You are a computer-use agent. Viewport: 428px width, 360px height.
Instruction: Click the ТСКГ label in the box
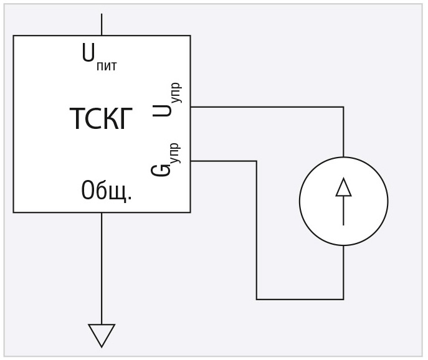pos(101,119)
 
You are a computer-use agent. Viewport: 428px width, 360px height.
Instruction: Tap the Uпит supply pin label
pos(98,57)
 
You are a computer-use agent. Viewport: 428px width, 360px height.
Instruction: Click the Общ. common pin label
pos(107,191)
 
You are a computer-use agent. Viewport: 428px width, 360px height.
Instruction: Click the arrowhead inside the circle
pos(343,187)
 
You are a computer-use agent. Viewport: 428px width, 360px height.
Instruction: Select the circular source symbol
pos(343,201)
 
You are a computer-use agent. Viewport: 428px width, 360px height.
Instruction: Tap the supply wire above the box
pos(102,24)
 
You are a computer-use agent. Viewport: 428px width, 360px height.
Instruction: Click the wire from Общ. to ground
pos(102,268)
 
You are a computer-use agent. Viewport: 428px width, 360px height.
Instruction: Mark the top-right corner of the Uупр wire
pos(343,107)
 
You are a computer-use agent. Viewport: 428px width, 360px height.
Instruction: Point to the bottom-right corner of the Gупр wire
pos(343,299)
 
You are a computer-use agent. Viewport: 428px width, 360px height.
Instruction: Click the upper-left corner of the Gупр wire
pos(257,161)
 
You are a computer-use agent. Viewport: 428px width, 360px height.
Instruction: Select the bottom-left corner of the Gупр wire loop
pos(257,299)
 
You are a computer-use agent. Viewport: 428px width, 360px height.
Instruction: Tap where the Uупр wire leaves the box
pos(191,107)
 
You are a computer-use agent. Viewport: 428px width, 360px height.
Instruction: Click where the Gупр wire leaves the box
pos(191,161)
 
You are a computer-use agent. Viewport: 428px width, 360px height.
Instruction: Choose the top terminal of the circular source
pos(343,157)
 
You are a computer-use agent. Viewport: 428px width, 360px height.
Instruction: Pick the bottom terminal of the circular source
pos(343,245)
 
